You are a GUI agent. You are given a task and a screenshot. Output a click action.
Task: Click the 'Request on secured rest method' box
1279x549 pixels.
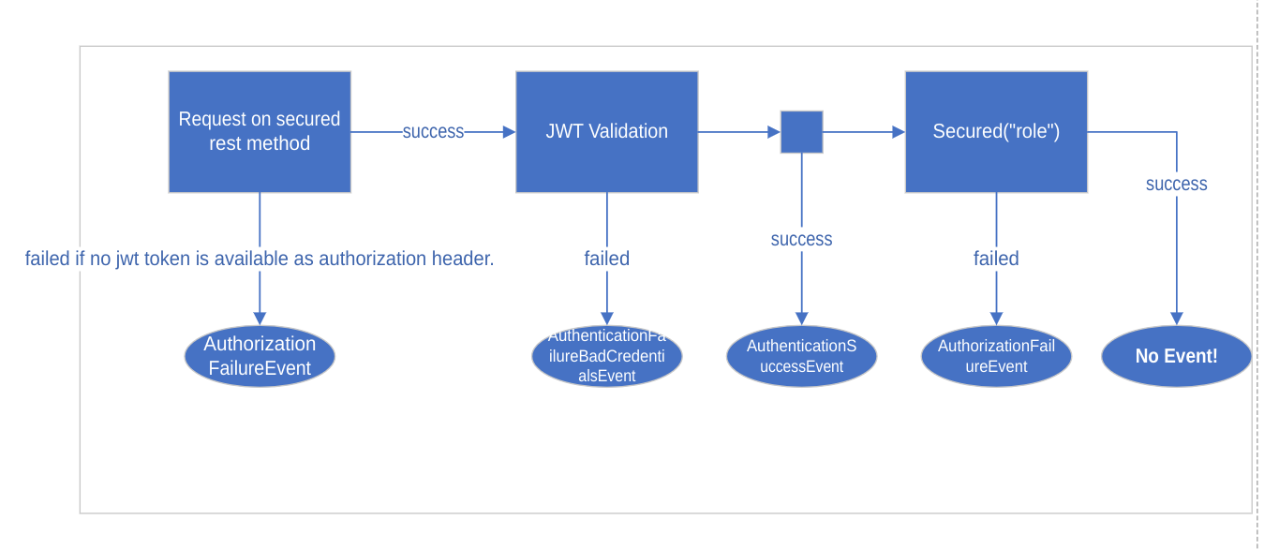point(260,132)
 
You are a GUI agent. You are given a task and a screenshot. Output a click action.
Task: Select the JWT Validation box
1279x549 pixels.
point(606,132)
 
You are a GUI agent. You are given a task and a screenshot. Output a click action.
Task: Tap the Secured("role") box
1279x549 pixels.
point(996,132)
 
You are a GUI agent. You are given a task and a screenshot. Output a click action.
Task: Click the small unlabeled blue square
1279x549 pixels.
point(801,132)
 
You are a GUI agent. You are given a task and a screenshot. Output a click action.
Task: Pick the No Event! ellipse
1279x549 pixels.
point(1176,356)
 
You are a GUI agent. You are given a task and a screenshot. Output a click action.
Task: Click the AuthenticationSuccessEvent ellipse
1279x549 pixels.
point(801,356)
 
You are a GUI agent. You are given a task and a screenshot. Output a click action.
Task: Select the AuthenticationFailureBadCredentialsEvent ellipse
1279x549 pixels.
point(606,356)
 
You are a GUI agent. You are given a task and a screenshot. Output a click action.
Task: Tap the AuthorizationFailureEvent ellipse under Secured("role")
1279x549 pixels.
point(996,356)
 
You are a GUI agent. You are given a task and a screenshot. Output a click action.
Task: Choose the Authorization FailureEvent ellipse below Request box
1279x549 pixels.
point(260,356)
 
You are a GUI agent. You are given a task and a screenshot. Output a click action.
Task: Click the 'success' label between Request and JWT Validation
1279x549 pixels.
point(433,132)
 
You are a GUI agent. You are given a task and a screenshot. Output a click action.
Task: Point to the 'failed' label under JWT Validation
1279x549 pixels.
point(606,259)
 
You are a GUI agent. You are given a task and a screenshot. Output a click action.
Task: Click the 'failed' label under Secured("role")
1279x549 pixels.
point(996,259)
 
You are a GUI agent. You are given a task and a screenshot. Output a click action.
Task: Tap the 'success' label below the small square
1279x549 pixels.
point(801,240)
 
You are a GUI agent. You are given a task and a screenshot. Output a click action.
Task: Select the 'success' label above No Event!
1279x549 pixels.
point(1176,185)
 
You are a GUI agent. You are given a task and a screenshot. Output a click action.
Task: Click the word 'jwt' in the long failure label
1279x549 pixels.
point(128,260)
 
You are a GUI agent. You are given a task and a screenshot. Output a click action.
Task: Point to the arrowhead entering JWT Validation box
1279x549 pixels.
point(509,132)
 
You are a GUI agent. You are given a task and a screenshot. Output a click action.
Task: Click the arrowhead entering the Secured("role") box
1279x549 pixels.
point(899,132)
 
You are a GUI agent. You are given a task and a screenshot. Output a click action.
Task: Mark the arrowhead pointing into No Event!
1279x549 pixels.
point(1176,319)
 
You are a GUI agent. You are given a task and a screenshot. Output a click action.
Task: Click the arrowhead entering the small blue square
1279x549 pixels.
point(774,132)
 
